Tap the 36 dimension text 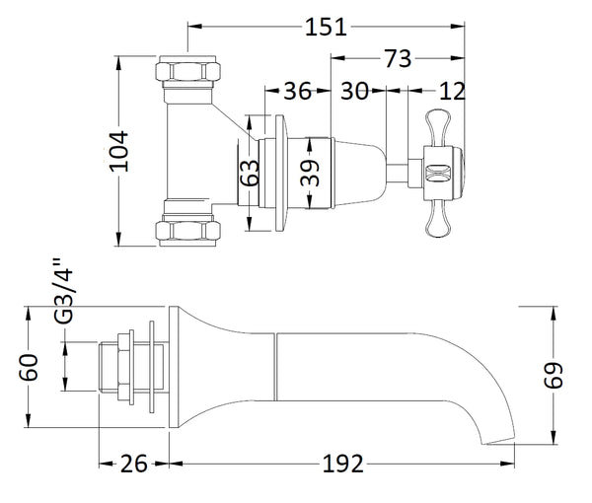point(297,92)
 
